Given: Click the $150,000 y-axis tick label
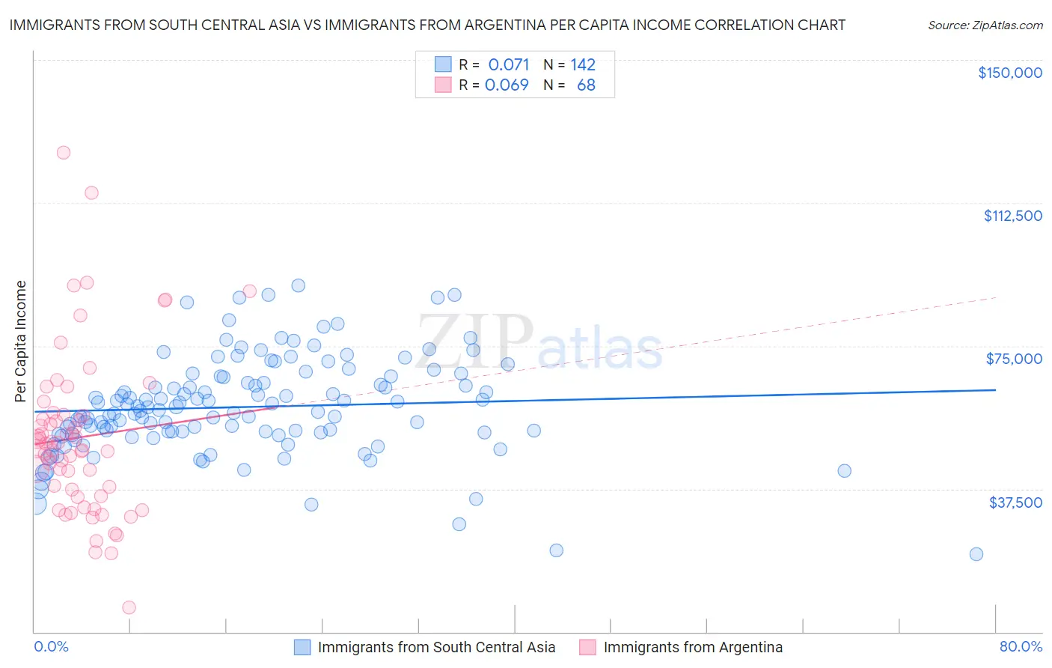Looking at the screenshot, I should pos(1009,73).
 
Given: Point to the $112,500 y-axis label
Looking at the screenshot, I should pos(1012,216).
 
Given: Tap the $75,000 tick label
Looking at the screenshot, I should pos(1014,359).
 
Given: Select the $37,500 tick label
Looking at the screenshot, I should pos(1015,502).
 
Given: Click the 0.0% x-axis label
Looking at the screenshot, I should pos(51,647).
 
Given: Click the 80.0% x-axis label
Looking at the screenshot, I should pos(1021,647).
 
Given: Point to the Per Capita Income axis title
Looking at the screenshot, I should pos(21,341).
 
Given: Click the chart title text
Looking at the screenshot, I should pos(427,25).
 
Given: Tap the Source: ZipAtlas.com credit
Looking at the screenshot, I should pos(985,25).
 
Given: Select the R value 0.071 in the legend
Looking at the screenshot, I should pos(508,64).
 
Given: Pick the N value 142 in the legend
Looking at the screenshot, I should pos(583,64).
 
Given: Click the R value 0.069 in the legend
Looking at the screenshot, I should pos(507,85).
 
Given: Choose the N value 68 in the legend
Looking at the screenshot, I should pos(586,85).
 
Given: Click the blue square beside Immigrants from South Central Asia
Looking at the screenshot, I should pos(302,648).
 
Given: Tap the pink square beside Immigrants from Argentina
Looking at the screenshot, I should pos(587,648).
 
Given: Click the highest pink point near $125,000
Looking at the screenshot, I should pos(64,153).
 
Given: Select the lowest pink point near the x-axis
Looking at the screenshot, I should pos(129,607).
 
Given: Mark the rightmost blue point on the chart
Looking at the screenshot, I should pos(976,554).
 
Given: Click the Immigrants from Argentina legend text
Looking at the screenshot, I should pos(693,648).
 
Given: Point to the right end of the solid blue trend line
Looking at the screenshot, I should pos(995,390).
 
